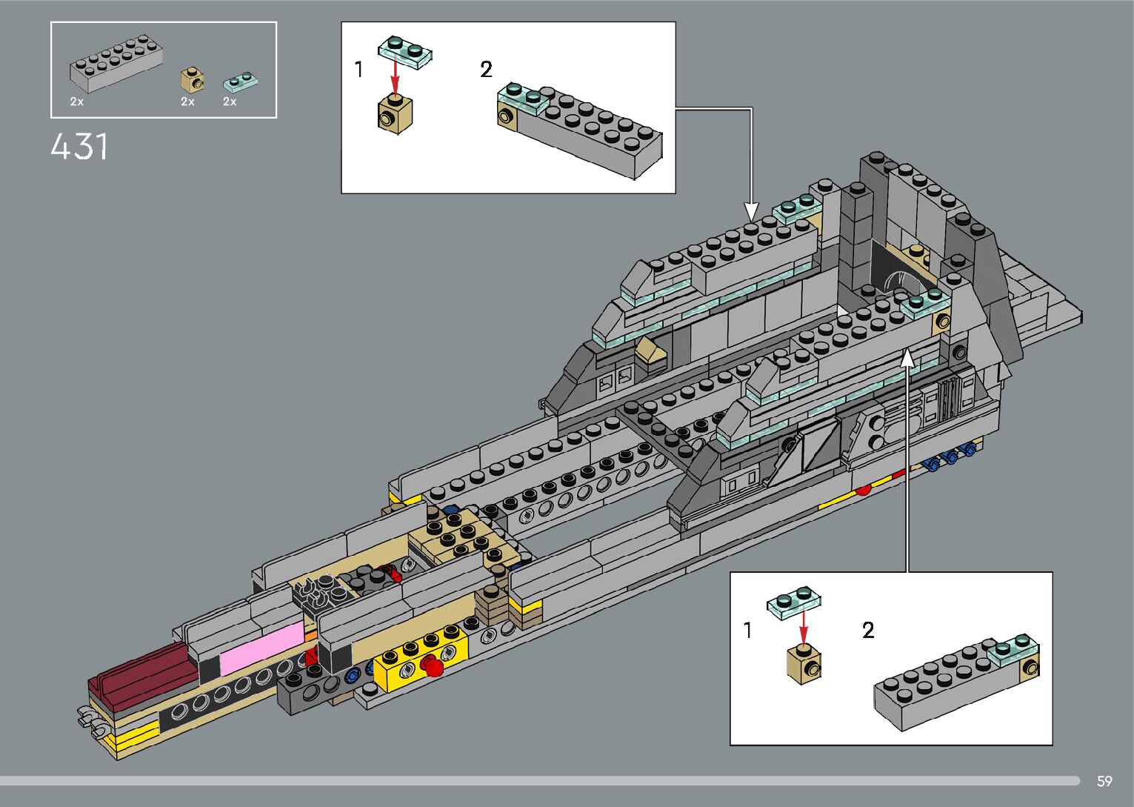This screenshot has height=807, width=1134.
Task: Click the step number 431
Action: (80, 147)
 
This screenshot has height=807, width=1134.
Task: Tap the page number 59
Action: (1104, 781)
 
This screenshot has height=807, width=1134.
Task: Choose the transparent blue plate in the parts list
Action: (240, 80)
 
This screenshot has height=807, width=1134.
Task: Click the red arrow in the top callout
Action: (395, 76)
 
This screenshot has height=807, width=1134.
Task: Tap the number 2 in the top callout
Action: (486, 70)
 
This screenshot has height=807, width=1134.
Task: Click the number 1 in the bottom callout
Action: (747, 631)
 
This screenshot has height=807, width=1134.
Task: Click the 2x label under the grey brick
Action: (76, 102)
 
